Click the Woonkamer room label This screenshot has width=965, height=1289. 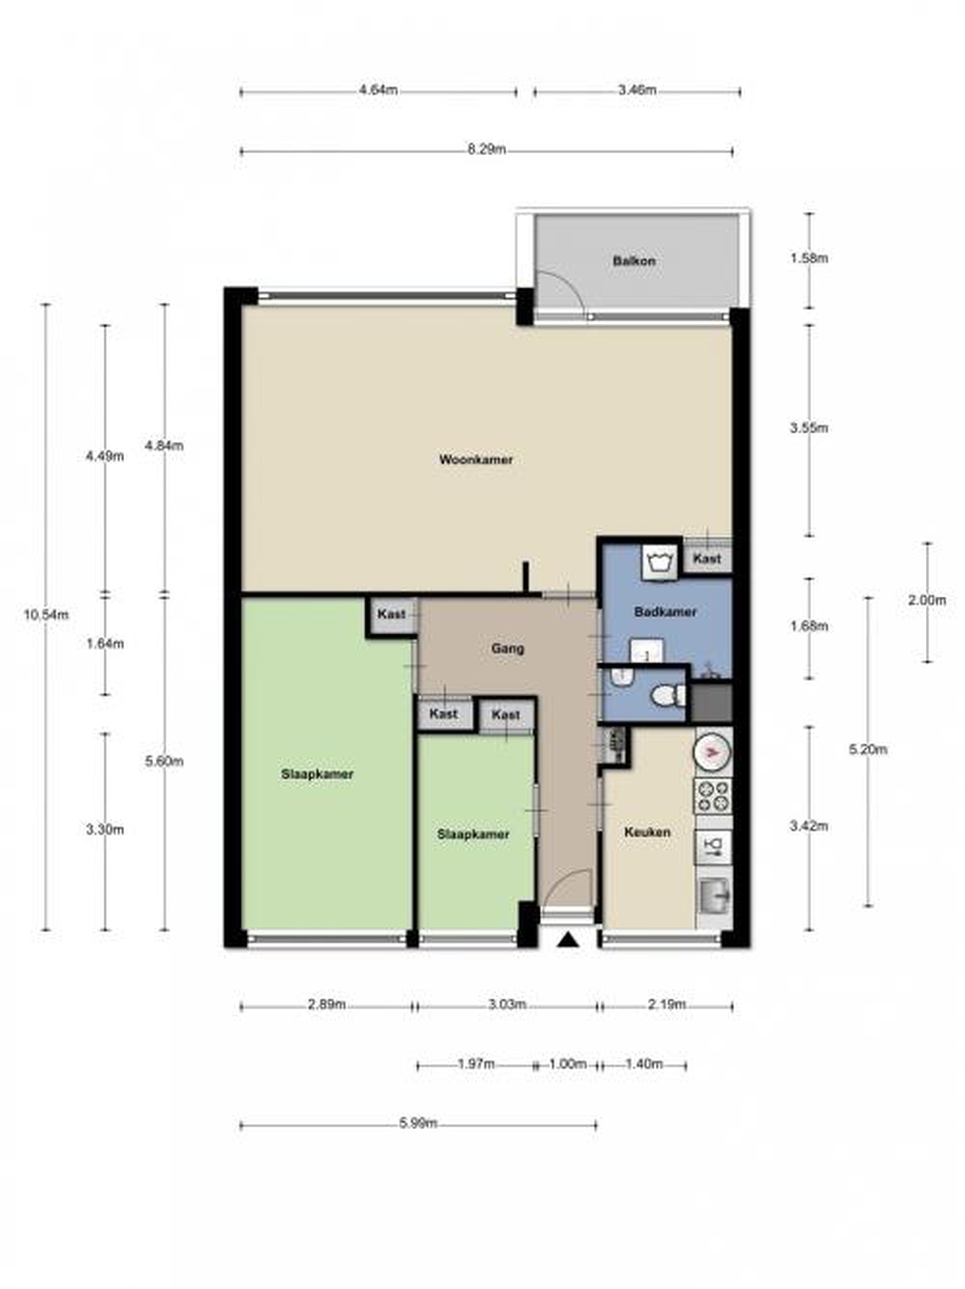(475, 460)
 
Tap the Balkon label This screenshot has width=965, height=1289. (634, 260)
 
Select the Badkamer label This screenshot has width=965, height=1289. (665, 612)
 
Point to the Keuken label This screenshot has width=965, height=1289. (647, 832)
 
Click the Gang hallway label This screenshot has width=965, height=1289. (507, 648)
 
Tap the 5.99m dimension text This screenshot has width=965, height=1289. (418, 1123)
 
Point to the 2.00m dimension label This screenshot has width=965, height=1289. (927, 600)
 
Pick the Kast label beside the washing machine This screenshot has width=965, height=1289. (707, 558)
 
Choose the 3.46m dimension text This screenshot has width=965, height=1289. (636, 90)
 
